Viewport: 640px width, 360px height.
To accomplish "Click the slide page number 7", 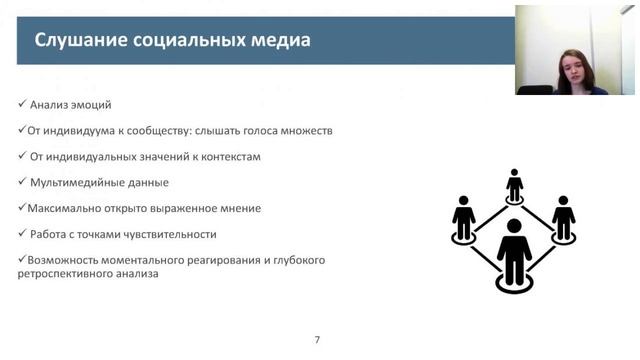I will pos(317,340).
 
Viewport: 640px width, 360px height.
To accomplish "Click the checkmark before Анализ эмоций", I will pos(22,104).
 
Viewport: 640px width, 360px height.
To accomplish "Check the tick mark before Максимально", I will pos(22,208).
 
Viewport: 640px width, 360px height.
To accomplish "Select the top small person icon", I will pos(514,186).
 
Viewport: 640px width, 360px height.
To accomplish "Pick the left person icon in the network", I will pos(463,217).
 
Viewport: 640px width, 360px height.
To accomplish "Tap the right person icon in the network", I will pos(564,217).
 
